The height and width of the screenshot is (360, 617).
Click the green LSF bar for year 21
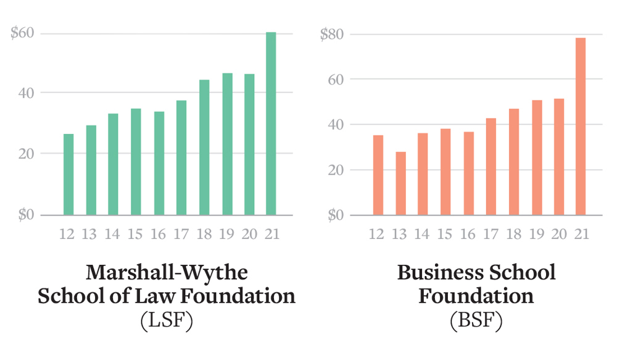point(271,123)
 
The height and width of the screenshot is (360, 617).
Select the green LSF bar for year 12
point(68,175)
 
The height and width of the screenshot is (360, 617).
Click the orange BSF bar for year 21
point(581,127)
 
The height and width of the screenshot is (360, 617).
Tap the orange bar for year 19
point(536,157)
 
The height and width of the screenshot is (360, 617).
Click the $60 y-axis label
point(22,33)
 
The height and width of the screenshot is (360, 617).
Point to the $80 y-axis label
point(331,35)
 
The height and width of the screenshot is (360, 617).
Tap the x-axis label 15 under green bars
point(136,234)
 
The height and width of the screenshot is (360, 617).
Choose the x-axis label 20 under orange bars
point(558,234)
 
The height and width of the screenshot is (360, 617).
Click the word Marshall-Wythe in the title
point(167,273)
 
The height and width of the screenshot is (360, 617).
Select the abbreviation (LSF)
point(167,320)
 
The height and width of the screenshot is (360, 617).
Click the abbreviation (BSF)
point(476,320)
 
